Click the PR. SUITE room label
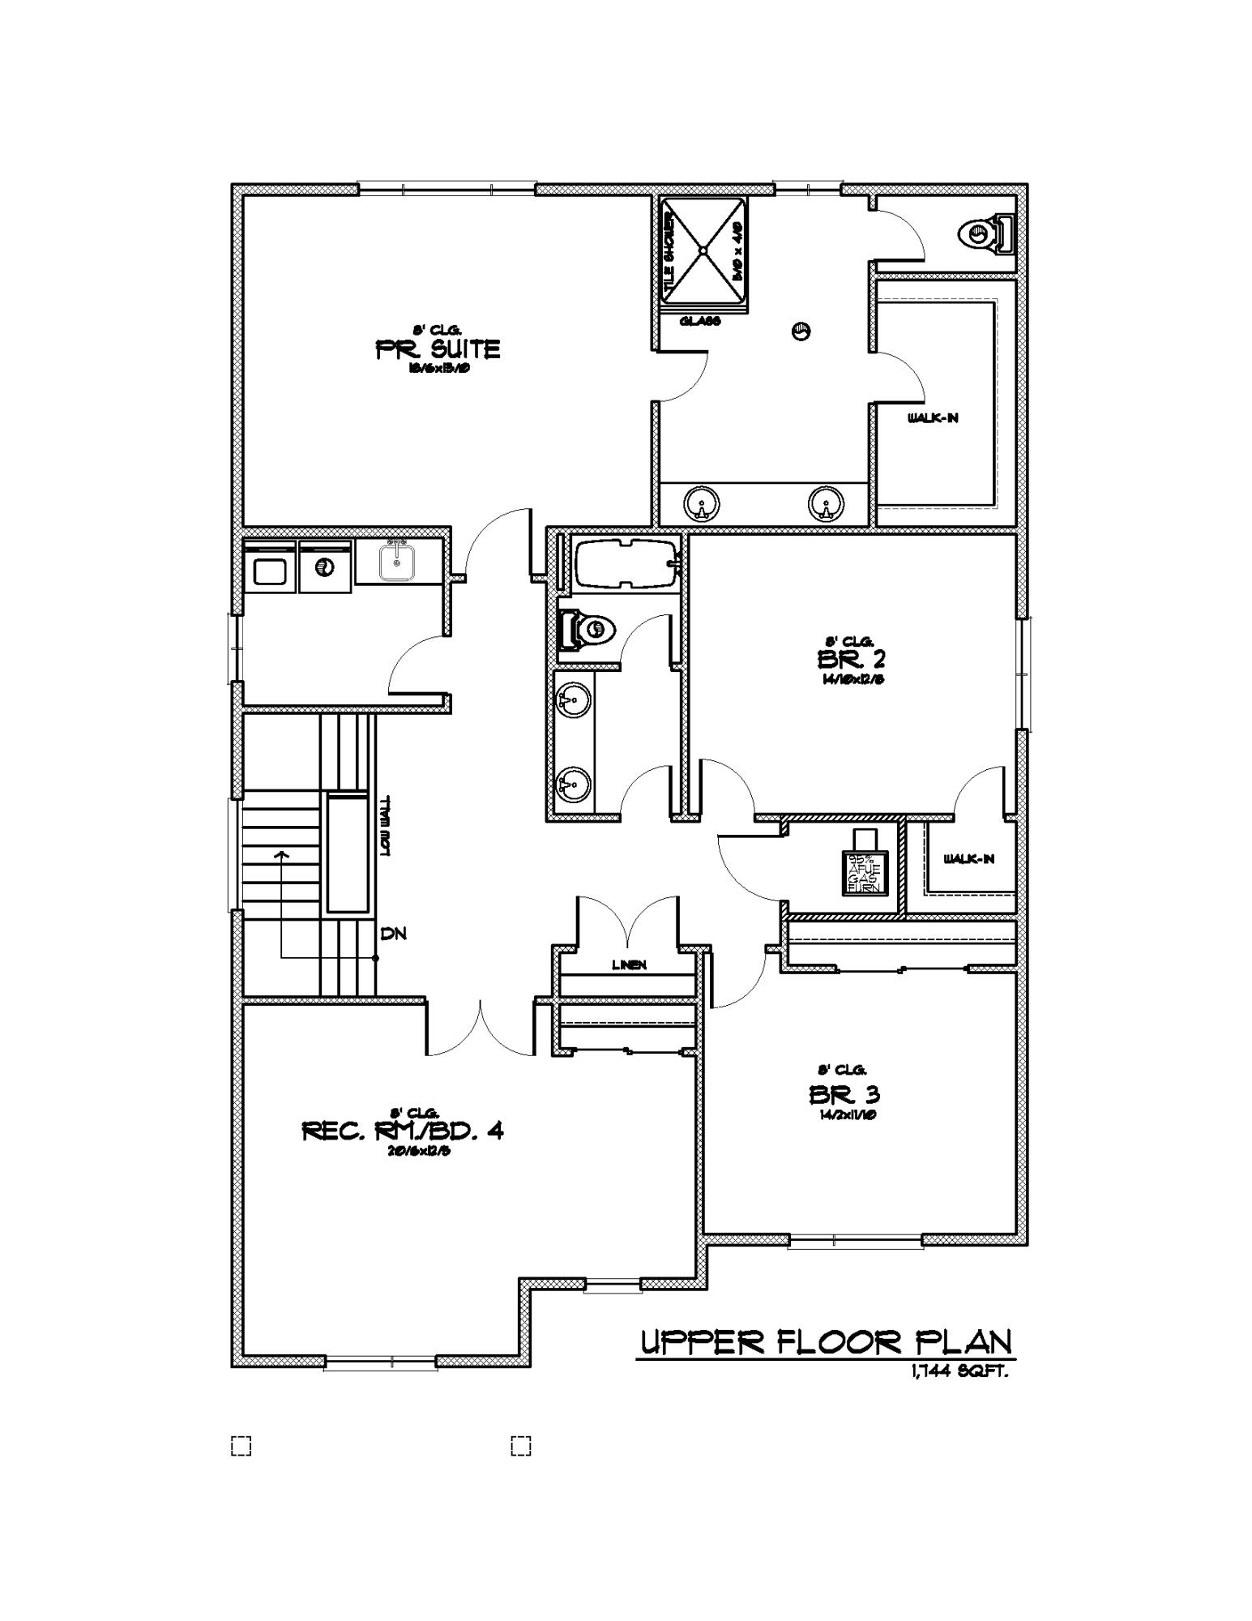[438, 349]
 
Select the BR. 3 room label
[844, 1095]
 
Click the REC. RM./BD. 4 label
[403, 1131]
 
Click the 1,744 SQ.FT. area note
[959, 1372]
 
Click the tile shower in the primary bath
[703, 250]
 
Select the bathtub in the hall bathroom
[624, 562]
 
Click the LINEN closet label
[629, 964]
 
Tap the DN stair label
[393, 934]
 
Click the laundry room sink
[397, 562]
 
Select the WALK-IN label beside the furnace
[968, 859]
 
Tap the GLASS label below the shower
[700, 321]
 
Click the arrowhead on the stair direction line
[281, 853]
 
